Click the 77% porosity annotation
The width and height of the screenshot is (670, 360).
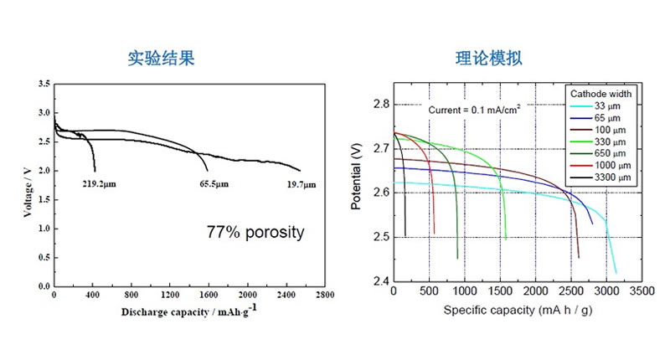pos(255,232)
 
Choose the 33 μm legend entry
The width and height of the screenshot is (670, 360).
pos(613,105)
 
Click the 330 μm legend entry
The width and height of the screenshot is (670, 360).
pos(616,141)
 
